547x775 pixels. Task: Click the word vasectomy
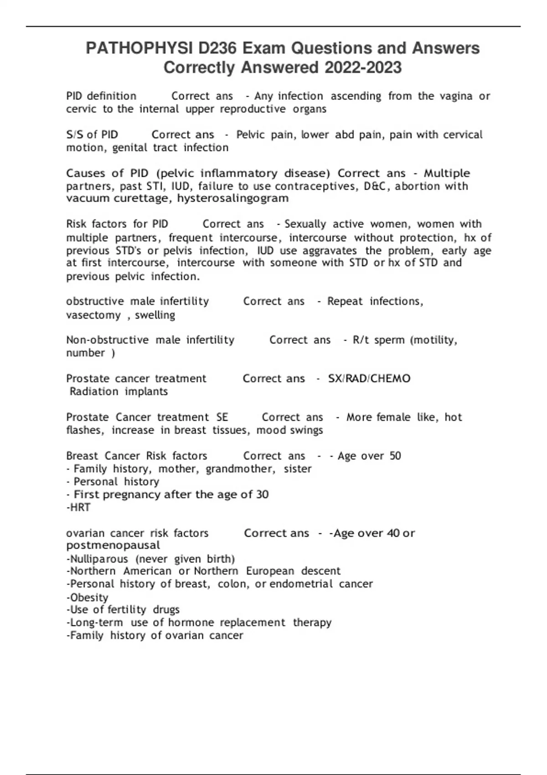point(93,315)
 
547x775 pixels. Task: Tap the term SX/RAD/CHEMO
point(369,378)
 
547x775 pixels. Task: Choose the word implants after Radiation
point(146,392)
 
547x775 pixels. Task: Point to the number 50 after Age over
point(395,456)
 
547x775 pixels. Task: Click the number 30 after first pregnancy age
point(262,495)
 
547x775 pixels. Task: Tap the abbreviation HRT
point(80,507)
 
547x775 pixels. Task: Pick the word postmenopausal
point(113,545)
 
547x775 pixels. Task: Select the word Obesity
point(89,597)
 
